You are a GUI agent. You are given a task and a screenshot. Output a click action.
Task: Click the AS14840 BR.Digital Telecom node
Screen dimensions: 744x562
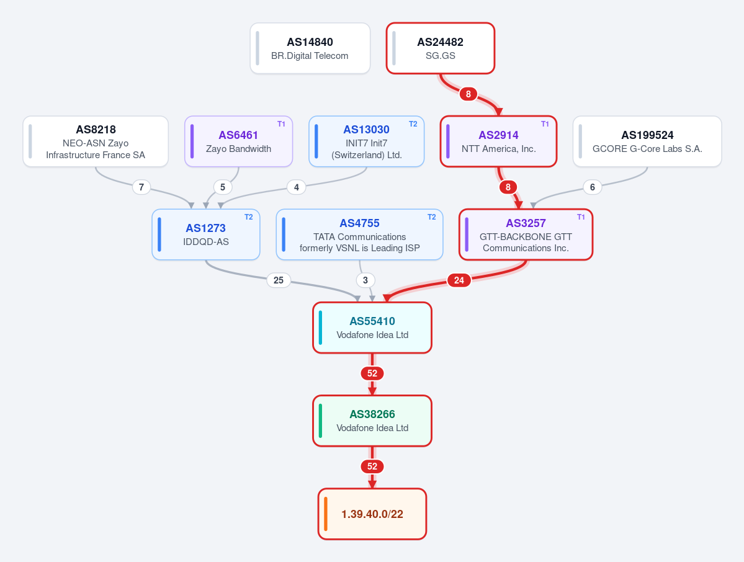tap(310, 48)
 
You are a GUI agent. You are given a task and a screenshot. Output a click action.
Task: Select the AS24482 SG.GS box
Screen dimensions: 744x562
tap(441, 48)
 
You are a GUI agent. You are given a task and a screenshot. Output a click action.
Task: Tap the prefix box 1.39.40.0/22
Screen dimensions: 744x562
tap(372, 514)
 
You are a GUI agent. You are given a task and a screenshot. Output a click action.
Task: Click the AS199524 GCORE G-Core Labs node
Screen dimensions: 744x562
tap(647, 141)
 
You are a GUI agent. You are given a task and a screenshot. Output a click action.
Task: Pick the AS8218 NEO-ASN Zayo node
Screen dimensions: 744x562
tap(96, 141)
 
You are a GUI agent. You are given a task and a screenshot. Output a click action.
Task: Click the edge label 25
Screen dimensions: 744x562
tap(279, 280)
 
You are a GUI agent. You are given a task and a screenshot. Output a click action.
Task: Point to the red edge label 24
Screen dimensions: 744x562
tap(459, 280)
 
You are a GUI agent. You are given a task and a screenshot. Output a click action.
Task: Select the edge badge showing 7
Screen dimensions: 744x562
tap(141, 187)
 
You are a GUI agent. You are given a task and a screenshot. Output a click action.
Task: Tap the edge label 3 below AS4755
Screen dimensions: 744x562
tap(365, 280)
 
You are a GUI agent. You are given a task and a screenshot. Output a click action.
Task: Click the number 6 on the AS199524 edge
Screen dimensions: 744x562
tap(592, 187)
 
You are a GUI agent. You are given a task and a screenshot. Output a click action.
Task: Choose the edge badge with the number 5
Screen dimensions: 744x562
tap(223, 187)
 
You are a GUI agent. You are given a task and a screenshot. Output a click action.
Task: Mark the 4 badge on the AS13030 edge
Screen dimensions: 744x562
tap(297, 187)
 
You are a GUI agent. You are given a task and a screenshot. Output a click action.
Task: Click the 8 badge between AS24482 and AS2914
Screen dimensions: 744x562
tap(468, 94)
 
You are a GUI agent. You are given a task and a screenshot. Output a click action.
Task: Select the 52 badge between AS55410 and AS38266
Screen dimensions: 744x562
tap(372, 373)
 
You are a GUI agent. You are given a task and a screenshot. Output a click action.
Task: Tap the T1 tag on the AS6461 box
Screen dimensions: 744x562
tap(281, 124)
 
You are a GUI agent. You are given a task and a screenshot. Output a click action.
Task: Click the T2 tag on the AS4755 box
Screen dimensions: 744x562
tap(431, 216)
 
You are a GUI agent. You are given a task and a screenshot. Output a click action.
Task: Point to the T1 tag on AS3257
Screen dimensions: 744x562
tap(581, 216)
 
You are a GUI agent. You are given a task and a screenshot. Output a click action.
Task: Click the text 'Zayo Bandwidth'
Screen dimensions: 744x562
tap(239, 148)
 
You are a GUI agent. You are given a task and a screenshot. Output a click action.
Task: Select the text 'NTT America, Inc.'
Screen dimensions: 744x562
tap(499, 148)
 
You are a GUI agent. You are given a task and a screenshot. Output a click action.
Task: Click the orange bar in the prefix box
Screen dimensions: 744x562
tap(326, 514)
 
